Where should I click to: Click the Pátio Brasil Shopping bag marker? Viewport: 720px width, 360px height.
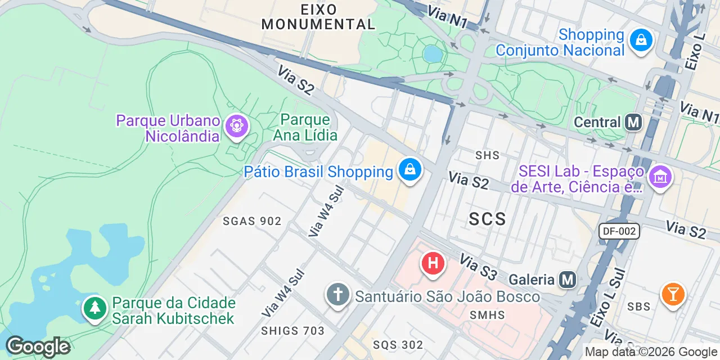(x=410, y=169)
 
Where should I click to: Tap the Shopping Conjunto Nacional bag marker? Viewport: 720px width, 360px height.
(x=641, y=40)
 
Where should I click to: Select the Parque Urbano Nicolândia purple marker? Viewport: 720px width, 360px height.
(x=236, y=126)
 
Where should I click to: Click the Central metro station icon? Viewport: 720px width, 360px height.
(x=633, y=122)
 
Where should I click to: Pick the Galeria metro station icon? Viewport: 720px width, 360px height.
(x=568, y=279)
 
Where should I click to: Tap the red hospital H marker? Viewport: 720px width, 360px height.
(x=433, y=263)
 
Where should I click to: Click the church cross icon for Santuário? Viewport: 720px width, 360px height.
(x=337, y=296)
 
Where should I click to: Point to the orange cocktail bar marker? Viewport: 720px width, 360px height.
(x=672, y=294)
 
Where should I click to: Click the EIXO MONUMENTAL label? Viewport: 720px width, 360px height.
(x=318, y=17)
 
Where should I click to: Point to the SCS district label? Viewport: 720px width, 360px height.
(x=487, y=219)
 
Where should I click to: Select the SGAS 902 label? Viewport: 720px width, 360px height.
(x=252, y=221)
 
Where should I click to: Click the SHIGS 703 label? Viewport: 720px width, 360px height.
(x=293, y=331)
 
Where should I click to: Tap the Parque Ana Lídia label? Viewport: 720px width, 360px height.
(x=305, y=127)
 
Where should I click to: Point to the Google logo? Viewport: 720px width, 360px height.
(x=38, y=347)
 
